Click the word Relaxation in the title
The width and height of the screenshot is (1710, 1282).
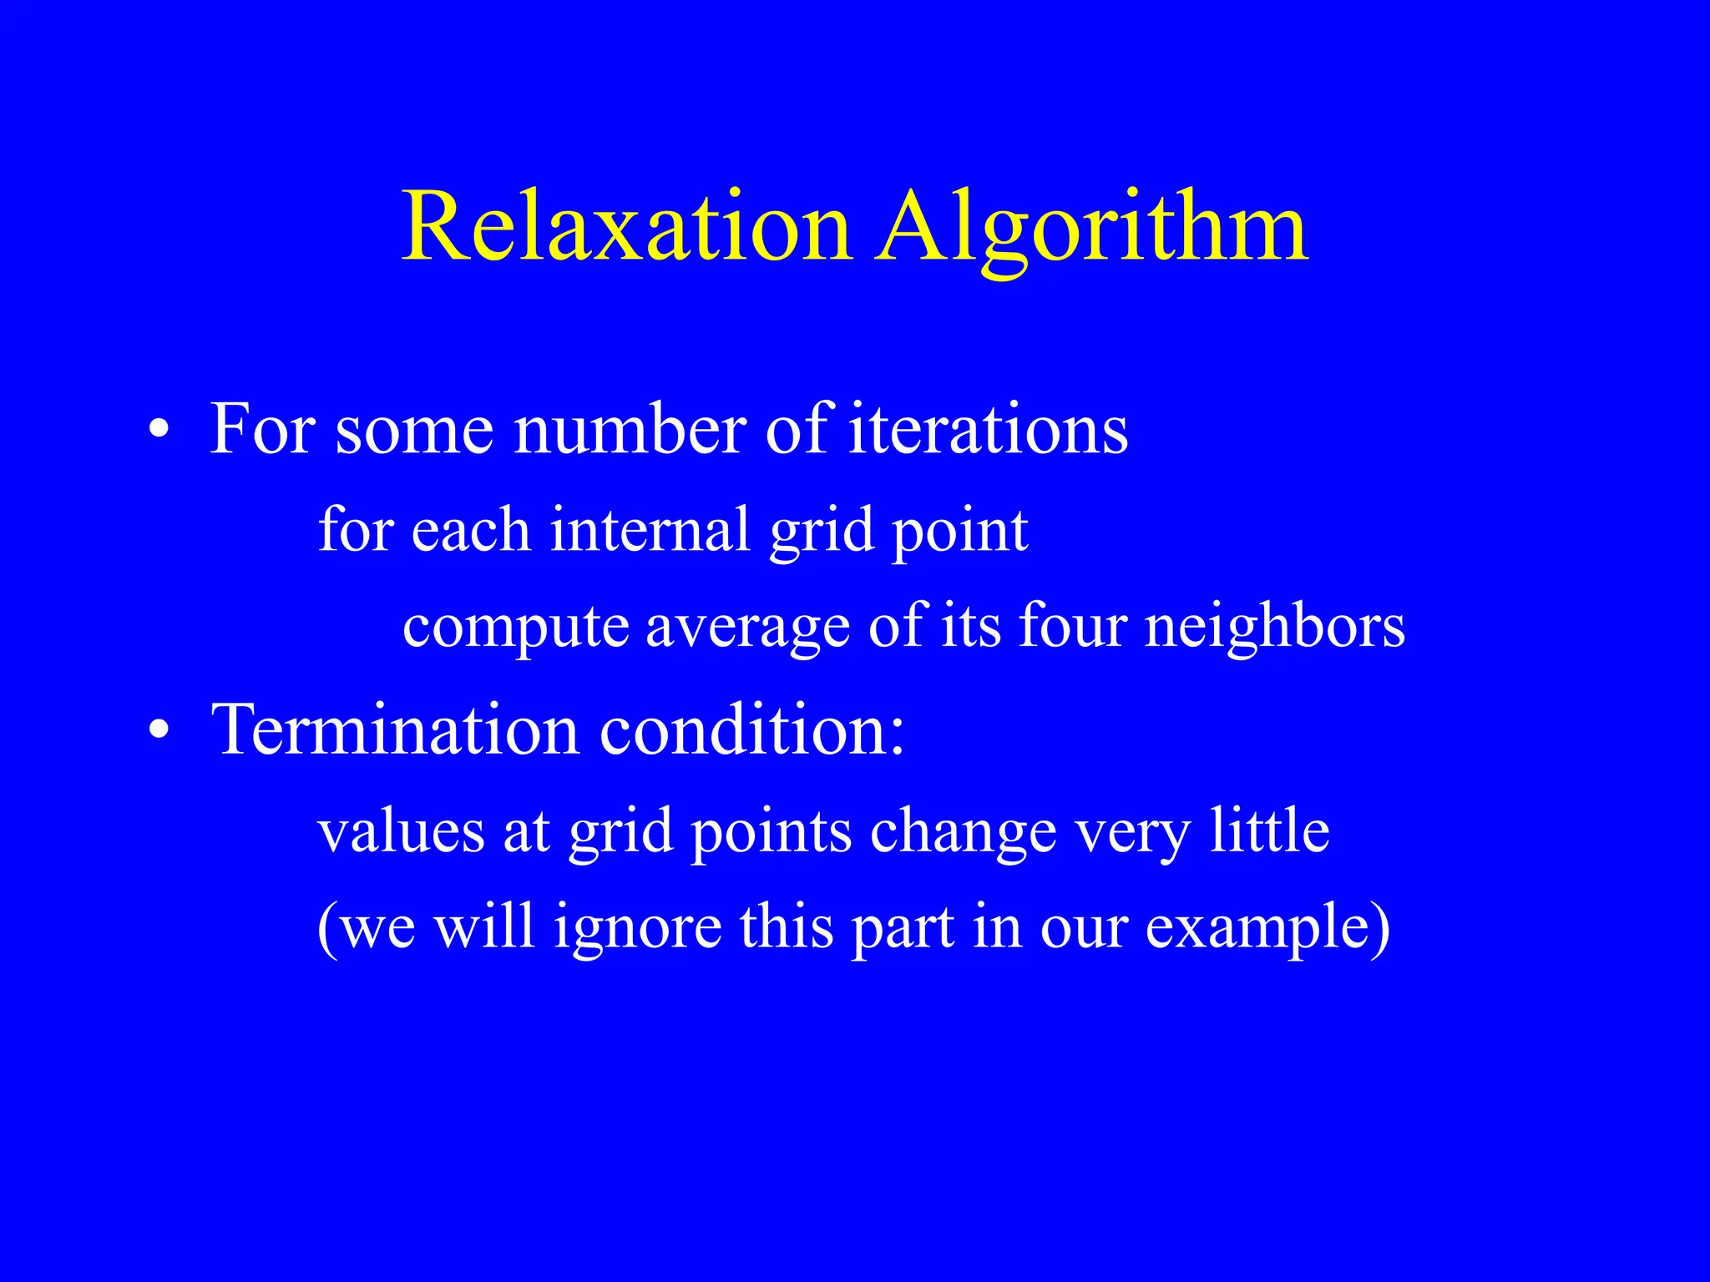[626, 227]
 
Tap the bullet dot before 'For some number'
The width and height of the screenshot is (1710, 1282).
[159, 432]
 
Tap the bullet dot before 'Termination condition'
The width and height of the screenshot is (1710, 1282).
[159, 732]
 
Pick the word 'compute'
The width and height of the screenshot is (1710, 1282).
[515, 628]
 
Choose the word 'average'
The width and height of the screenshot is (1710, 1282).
[747, 628]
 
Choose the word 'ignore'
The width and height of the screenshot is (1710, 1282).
[638, 928]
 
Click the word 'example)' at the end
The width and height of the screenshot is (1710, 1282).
[1267, 928]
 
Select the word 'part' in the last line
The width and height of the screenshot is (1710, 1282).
[903, 930]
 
